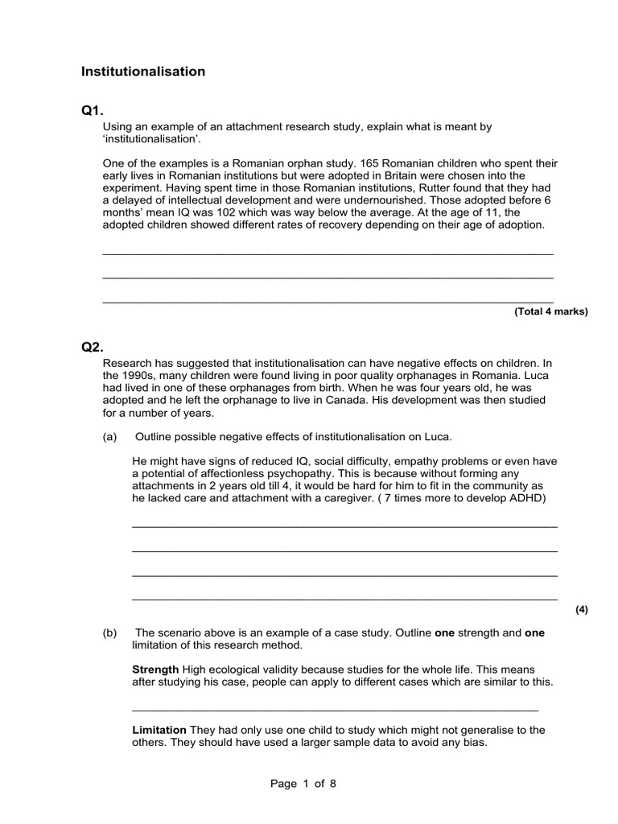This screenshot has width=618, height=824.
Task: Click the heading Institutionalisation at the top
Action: [143, 72]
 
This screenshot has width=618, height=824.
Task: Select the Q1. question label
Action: [93, 110]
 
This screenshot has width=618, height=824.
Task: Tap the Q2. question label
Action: [93, 347]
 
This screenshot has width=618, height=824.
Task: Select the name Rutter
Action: [418, 187]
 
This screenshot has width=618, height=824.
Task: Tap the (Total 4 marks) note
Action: [551, 311]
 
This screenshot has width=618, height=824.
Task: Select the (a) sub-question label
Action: [110, 437]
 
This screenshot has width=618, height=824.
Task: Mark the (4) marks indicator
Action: [582, 609]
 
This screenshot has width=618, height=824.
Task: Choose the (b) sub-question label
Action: [110, 633]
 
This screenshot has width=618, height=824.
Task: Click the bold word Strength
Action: [155, 669]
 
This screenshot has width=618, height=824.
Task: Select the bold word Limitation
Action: [159, 730]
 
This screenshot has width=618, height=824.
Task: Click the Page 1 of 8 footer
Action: [303, 784]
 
